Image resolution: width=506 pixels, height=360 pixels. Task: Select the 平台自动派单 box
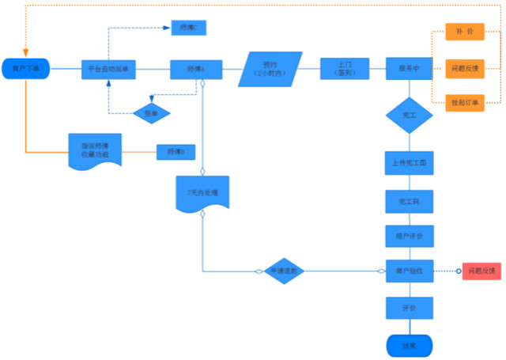click(x=108, y=70)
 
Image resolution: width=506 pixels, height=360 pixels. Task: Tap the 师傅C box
click(x=189, y=28)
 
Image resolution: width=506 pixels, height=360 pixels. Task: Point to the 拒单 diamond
click(x=150, y=114)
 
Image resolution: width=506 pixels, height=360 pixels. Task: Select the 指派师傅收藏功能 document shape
click(x=95, y=150)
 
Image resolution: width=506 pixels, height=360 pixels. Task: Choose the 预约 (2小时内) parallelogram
click(x=270, y=70)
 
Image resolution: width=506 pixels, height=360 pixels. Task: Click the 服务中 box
click(x=409, y=70)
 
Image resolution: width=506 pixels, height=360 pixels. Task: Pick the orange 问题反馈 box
click(x=464, y=68)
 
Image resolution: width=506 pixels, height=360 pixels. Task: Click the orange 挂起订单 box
click(x=464, y=103)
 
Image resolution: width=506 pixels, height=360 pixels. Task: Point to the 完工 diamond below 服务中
click(x=409, y=116)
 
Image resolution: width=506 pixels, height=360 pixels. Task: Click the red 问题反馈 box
click(x=481, y=271)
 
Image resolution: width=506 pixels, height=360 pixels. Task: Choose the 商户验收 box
click(x=409, y=271)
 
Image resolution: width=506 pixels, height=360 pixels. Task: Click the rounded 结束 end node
click(x=409, y=345)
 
